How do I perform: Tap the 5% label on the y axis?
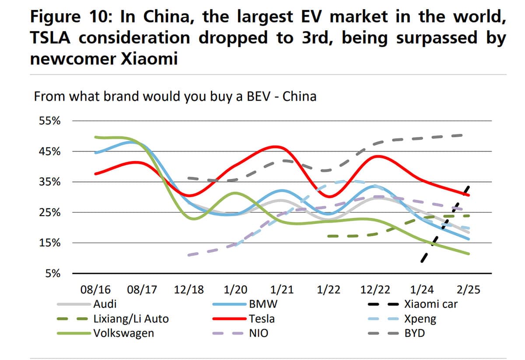(53, 274)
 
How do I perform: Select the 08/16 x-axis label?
(96, 290)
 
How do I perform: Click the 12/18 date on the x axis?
(189, 290)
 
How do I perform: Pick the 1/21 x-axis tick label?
(282, 290)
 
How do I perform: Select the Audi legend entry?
(105, 304)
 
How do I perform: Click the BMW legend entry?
(262, 304)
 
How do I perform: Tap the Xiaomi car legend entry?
(430, 304)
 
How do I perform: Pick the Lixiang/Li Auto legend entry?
(131, 318)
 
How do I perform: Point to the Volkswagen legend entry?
(124, 333)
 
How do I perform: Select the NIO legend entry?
(259, 333)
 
